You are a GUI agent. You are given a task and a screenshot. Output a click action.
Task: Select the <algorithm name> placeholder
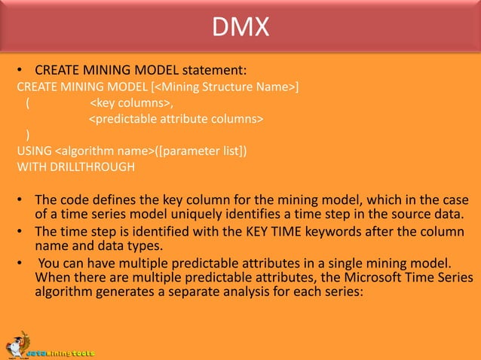105,151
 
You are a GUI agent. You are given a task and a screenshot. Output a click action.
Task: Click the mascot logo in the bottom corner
17,343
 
